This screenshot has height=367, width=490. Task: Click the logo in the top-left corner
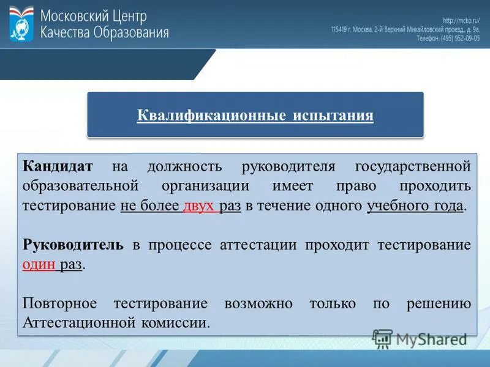tap(21, 24)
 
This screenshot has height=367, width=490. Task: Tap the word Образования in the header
tap(130, 32)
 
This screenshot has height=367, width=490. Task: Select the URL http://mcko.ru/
tap(461, 20)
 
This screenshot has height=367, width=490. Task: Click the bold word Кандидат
tap(58, 166)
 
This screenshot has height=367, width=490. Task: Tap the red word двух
tap(198, 205)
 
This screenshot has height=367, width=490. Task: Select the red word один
tap(39, 264)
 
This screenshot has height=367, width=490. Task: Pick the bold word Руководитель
tap(73, 245)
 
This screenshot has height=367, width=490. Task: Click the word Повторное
tap(59, 303)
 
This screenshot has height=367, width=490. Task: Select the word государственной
tap(413, 166)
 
